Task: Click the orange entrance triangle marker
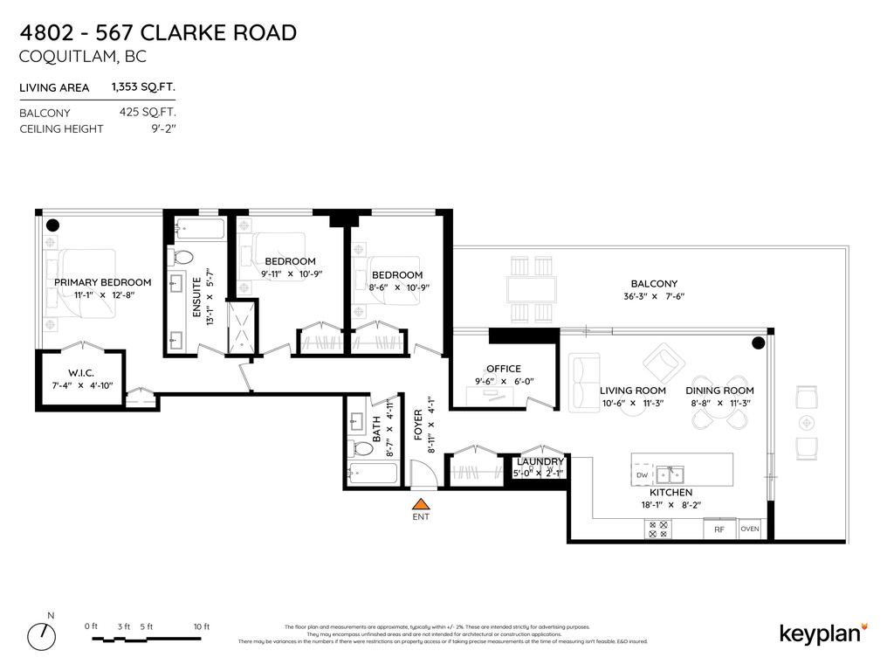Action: coord(421,503)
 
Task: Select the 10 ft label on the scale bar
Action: coord(202,626)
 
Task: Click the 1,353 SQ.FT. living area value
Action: coord(143,87)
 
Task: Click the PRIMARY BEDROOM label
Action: coord(102,282)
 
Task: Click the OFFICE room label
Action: coord(503,369)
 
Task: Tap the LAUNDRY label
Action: coord(540,461)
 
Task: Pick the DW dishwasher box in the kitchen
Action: coord(642,475)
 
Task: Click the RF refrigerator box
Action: coord(719,529)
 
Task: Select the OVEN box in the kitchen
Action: coord(750,529)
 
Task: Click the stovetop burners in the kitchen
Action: coord(657,529)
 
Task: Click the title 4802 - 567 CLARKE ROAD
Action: coord(158,33)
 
